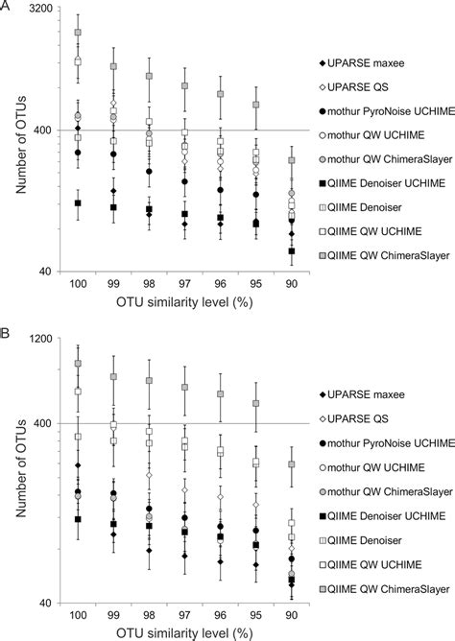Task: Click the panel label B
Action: click(6, 334)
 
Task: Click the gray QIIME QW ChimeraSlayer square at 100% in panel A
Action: click(79, 33)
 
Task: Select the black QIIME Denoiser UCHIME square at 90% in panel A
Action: click(291, 251)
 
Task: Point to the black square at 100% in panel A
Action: click(79, 202)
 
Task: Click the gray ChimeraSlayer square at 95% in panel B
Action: click(255, 403)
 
